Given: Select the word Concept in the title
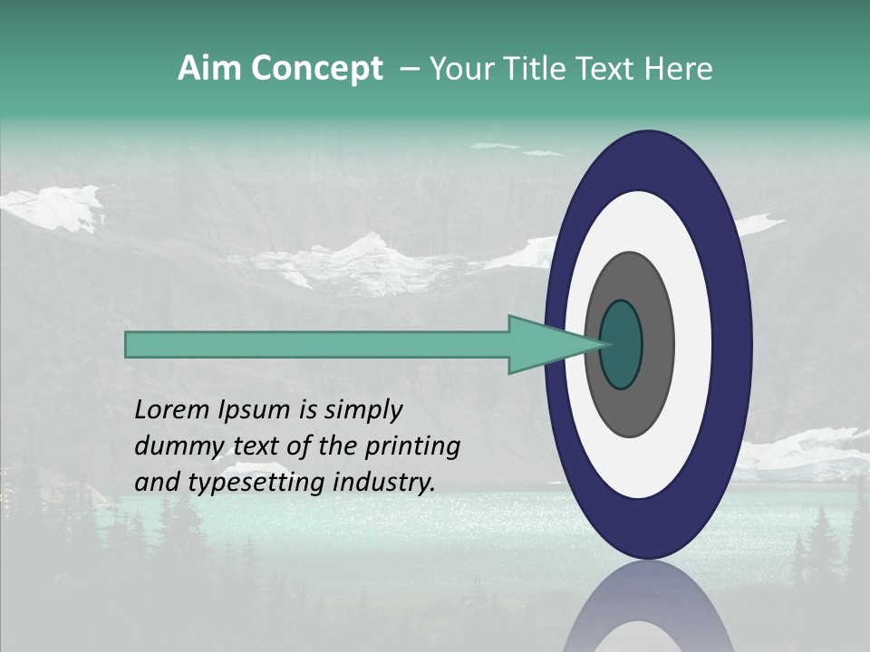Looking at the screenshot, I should point(316,70).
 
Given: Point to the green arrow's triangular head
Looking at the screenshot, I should point(544,344).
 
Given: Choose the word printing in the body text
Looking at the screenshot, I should point(412,447).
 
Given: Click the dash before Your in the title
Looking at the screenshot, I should point(409,70).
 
